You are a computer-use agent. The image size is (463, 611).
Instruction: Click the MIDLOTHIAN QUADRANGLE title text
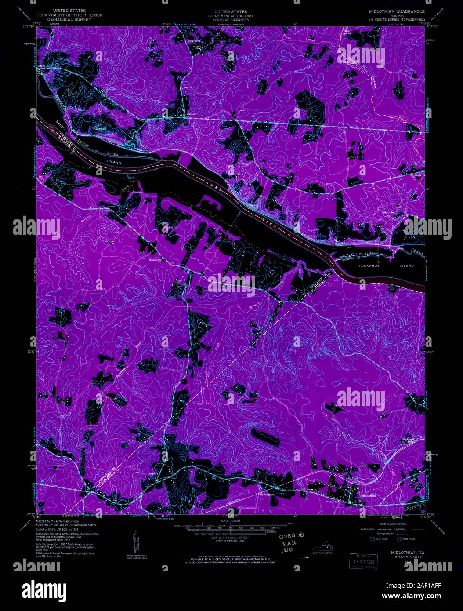pyautogui.click(x=397, y=11)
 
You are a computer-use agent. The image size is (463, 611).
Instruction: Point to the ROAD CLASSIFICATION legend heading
pyautogui.click(x=387, y=524)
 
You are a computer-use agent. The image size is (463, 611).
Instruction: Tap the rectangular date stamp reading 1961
pyautogui.click(x=363, y=561)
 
